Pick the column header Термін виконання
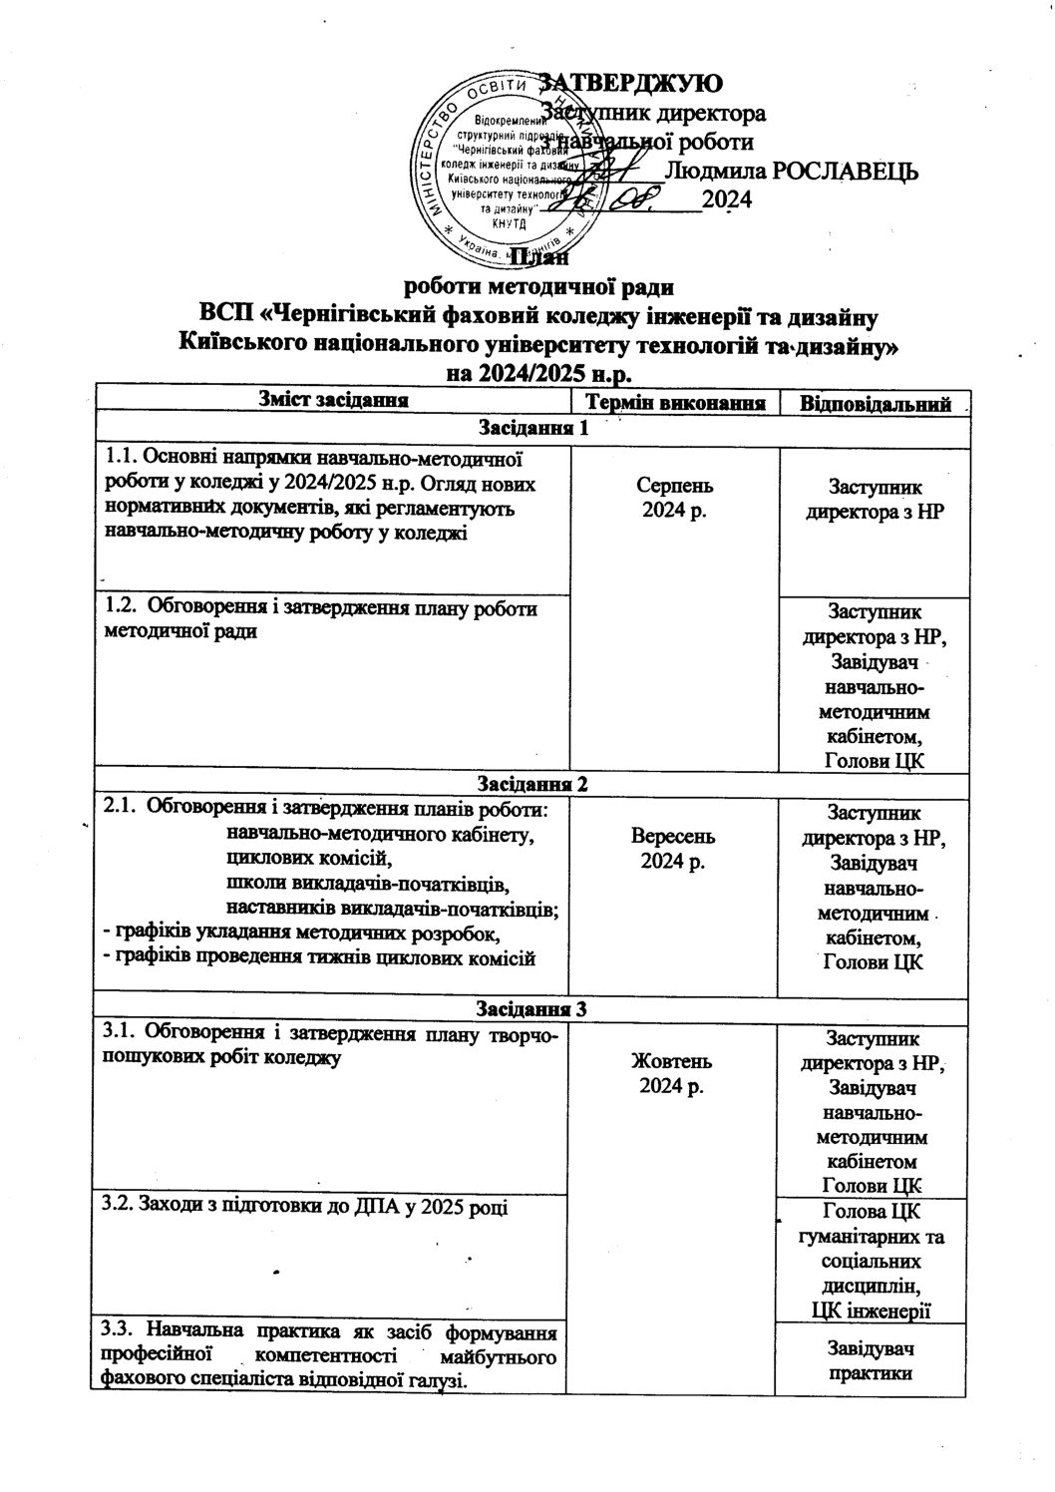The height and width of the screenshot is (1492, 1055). [x=674, y=403]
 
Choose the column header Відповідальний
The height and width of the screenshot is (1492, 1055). [x=874, y=404]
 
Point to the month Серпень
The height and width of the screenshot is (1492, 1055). [x=673, y=486]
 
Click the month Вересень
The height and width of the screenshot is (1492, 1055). [x=673, y=836]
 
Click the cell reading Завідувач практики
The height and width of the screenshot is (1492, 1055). [x=874, y=1360]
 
